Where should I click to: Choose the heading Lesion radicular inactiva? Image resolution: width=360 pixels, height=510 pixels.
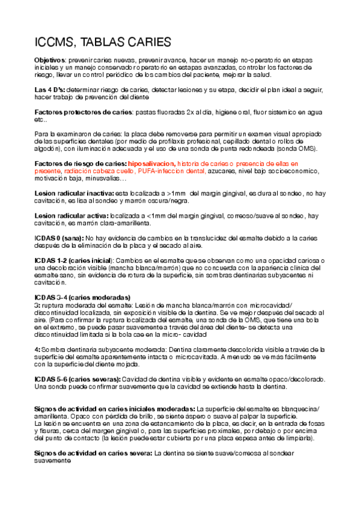click(x=74, y=193)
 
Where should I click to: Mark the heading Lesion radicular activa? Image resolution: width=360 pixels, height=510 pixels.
click(x=71, y=215)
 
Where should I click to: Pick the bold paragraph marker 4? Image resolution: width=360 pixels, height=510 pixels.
click(x=37, y=349)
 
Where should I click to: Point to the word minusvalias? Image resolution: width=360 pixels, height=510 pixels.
click(x=106, y=179)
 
